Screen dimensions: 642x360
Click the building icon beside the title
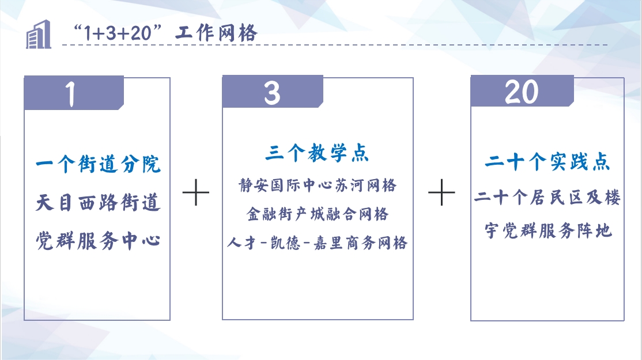39,35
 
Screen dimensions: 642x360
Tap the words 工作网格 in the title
216,32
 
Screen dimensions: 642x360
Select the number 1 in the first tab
71,94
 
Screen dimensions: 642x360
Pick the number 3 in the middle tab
272,93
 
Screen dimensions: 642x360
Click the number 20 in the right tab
521,92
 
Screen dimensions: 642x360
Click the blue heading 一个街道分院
98,164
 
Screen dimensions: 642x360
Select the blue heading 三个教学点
317,153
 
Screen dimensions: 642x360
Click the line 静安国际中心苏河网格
318,185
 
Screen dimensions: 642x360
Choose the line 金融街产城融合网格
318,214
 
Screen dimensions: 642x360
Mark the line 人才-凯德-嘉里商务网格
318,243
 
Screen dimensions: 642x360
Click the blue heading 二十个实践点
547,162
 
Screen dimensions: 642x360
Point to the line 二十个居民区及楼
547,198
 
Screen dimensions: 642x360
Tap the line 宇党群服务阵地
548,231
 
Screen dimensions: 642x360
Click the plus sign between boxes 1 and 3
196,192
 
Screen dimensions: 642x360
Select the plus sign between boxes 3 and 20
441,192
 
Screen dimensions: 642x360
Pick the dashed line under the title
334,44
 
